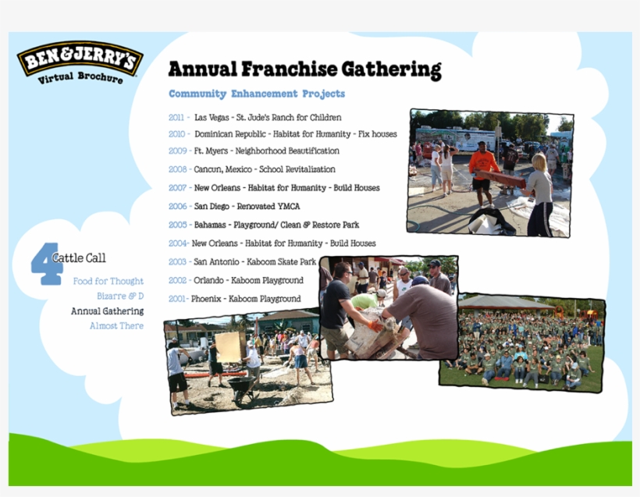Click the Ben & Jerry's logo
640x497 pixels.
(x=80, y=59)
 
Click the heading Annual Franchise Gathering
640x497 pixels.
(x=304, y=69)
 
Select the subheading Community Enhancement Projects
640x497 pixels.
(x=257, y=94)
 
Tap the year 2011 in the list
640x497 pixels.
(x=176, y=118)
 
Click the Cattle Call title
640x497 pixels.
(x=79, y=258)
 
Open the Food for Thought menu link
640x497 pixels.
(x=108, y=281)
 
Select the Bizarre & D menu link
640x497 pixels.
(x=120, y=296)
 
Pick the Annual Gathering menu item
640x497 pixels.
(x=107, y=311)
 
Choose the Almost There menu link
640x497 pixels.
(x=116, y=326)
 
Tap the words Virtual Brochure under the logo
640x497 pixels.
(x=80, y=78)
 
